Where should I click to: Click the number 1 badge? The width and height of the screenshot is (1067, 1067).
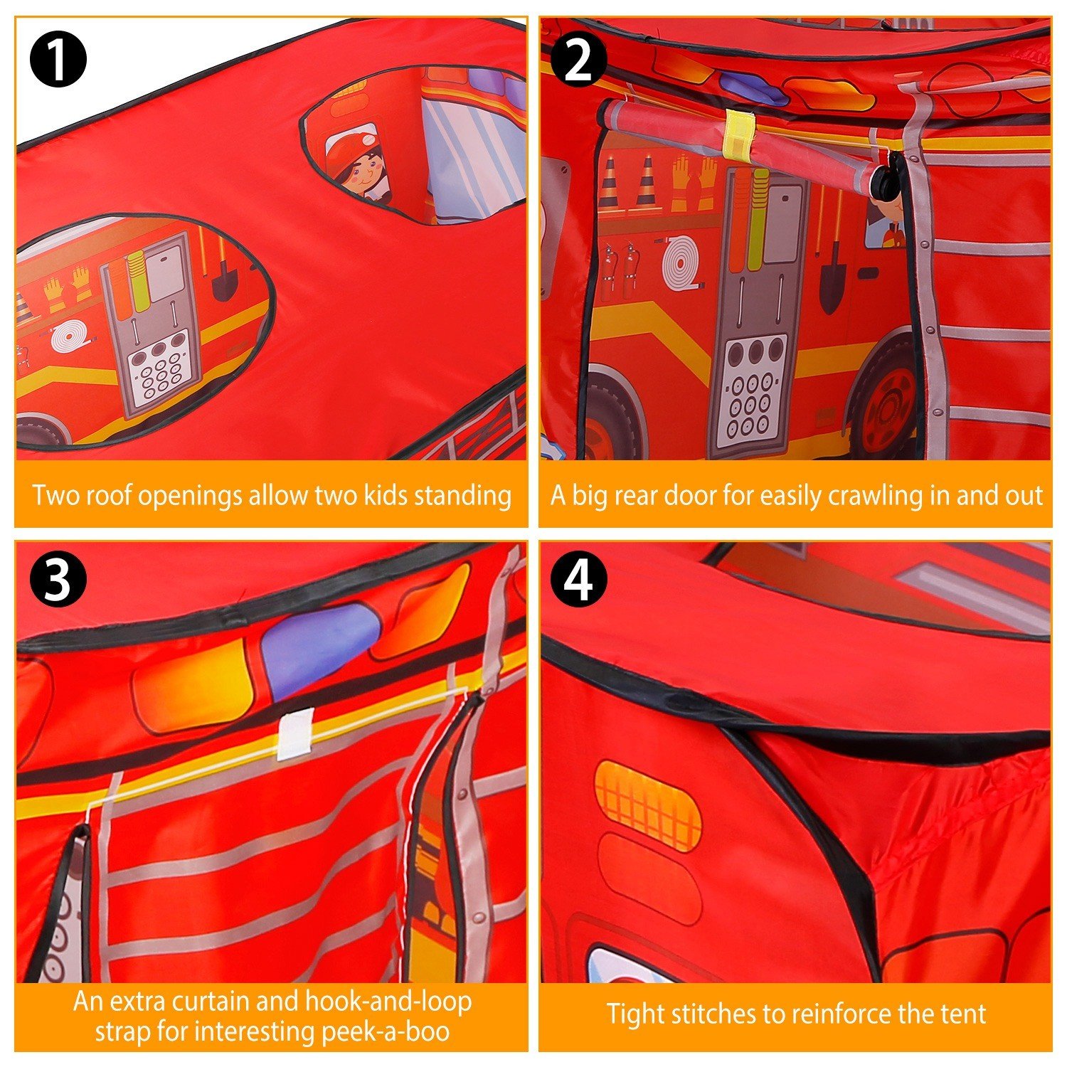(58, 60)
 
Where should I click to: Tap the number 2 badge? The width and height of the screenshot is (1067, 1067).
(579, 60)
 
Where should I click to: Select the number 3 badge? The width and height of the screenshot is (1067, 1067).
(58, 579)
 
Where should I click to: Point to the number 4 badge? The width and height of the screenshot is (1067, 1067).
(579, 579)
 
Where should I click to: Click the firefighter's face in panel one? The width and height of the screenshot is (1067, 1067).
(361, 173)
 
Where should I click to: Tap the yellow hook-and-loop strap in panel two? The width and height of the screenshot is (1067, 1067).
(738, 133)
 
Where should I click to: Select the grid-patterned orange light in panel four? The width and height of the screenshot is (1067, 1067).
(647, 806)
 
